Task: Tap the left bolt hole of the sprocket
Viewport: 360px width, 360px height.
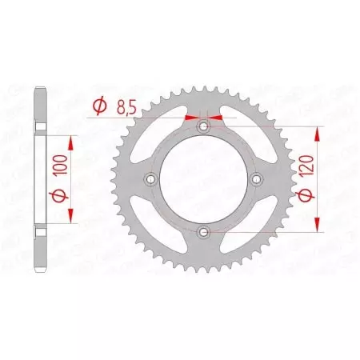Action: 150,179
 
